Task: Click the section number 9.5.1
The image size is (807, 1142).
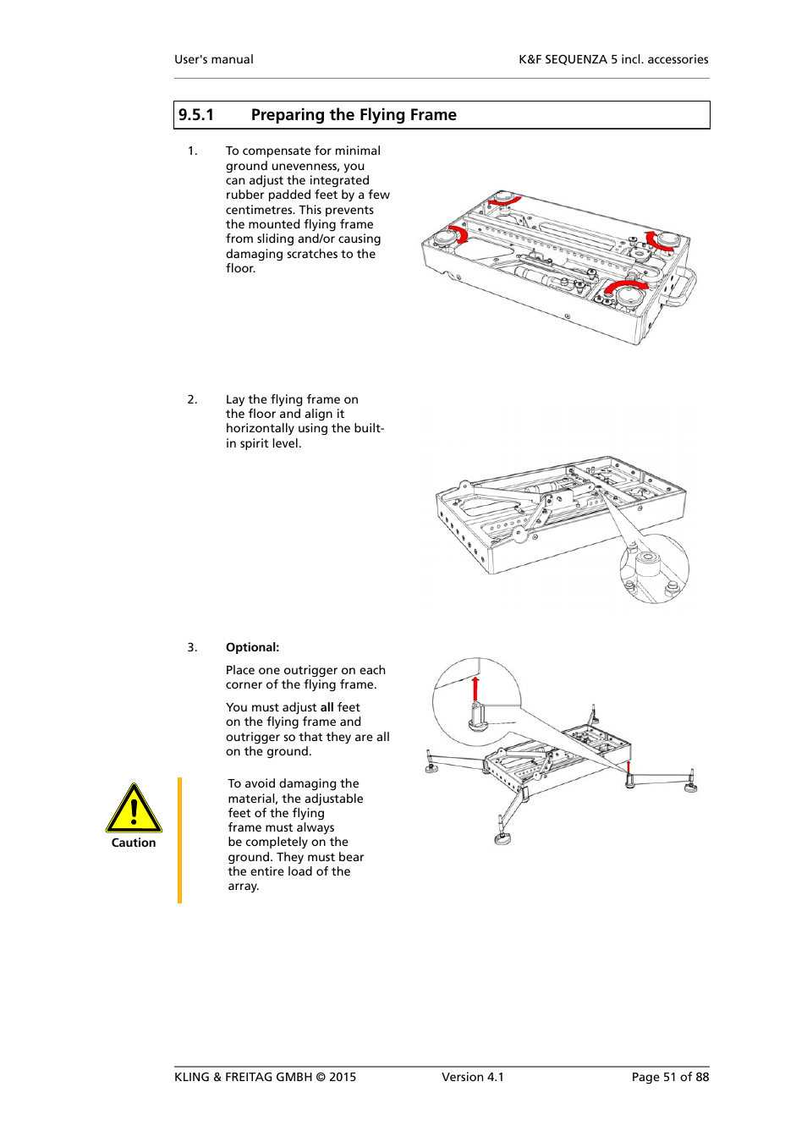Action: click(x=195, y=115)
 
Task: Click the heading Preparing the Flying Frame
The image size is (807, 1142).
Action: click(x=354, y=115)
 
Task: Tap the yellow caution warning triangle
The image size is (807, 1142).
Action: click(x=134, y=809)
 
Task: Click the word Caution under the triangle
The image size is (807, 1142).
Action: click(x=134, y=843)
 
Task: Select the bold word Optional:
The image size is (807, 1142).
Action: click(x=252, y=647)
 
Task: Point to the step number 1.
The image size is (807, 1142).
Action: click(x=192, y=151)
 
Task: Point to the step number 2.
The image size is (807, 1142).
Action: click(x=192, y=399)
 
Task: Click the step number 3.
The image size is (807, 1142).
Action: click(x=192, y=647)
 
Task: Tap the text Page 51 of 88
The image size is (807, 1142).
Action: click(x=670, y=1077)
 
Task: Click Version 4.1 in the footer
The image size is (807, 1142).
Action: click(x=472, y=1077)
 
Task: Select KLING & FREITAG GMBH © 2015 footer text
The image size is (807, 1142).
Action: click(x=265, y=1077)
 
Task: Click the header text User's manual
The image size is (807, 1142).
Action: click(x=214, y=59)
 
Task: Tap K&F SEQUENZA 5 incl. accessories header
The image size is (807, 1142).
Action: click(x=613, y=59)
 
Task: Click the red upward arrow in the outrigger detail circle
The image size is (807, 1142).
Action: click(x=475, y=689)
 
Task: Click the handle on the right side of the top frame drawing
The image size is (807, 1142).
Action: click(x=681, y=288)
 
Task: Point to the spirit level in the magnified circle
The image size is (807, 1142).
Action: click(x=648, y=558)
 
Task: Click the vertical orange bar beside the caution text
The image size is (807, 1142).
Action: click(x=179, y=840)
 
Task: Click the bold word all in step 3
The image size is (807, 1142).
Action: click(x=327, y=707)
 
